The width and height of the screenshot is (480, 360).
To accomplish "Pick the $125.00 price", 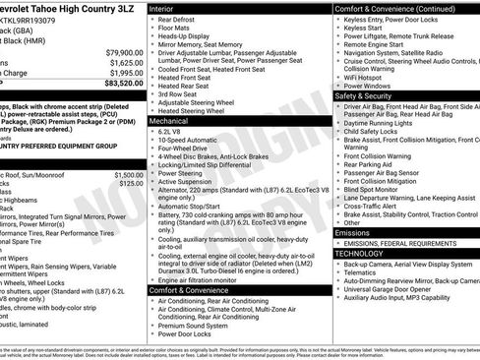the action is coord(131,183).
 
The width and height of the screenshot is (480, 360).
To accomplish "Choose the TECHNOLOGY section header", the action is coord(359,254).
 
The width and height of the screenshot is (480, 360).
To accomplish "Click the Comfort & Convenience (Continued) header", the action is coord(393,7).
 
